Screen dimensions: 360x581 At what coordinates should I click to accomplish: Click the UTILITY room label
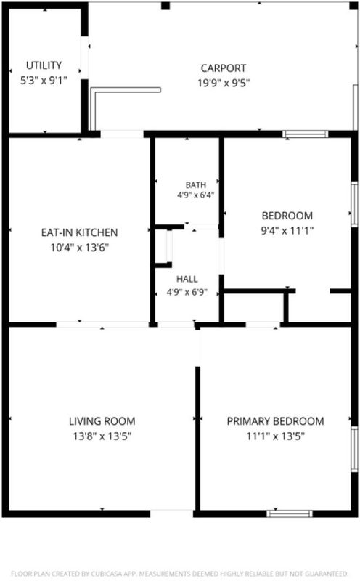(44, 65)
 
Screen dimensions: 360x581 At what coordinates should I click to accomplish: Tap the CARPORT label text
(224, 68)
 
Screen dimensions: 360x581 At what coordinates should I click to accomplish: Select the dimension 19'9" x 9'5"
(224, 83)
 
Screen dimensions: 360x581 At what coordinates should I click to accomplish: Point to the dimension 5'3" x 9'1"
(44, 80)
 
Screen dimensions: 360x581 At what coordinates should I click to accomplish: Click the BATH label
(195, 185)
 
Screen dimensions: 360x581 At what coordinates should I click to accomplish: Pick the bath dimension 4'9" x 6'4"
(195, 195)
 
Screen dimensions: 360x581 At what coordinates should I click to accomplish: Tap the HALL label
(187, 279)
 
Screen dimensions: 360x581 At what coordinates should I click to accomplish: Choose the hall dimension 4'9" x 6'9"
(187, 293)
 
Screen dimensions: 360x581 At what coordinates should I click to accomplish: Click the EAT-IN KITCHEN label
(79, 232)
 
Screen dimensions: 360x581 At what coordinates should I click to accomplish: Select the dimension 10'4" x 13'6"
(79, 248)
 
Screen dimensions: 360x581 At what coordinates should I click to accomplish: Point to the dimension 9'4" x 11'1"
(287, 231)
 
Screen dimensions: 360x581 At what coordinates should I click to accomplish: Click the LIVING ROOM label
(102, 421)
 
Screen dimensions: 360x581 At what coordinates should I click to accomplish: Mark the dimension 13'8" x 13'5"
(102, 436)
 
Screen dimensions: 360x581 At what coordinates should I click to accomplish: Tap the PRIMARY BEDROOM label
(275, 421)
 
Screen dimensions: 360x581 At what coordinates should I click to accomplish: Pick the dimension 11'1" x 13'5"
(275, 436)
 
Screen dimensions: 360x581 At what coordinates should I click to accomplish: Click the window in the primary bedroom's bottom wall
(290, 513)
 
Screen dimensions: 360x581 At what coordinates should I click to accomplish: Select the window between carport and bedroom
(306, 134)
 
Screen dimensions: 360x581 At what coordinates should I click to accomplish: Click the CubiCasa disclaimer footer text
(179, 574)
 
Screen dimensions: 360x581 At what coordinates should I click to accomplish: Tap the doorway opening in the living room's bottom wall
(171, 513)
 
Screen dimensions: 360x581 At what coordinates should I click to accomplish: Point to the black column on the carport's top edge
(165, 6)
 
